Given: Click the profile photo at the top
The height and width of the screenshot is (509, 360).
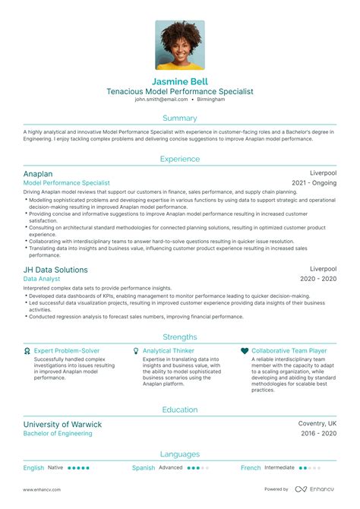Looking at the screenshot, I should click(180, 44).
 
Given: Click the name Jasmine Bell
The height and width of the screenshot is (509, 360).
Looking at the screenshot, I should click(180, 81).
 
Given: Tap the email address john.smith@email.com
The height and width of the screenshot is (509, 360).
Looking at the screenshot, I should click(161, 100).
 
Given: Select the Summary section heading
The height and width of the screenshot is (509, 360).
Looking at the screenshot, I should click(180, 118).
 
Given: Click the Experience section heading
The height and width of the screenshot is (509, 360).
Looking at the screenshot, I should click(180, 159).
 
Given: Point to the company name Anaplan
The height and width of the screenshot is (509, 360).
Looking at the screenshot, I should click(39, 173).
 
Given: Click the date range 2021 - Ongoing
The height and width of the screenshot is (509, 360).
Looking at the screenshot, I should click(314, 183).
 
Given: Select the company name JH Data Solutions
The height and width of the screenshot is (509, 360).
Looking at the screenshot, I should click(55, 270).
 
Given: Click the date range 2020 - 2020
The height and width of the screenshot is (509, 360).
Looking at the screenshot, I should click(318, 280).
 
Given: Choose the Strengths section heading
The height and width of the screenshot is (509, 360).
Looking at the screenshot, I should click(180, 337).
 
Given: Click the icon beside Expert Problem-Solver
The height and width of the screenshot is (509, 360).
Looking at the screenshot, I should click(27, 351).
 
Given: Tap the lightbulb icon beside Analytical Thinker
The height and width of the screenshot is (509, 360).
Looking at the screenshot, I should click(135, 351).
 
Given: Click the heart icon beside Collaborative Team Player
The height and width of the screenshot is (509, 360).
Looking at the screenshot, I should click(244, 351).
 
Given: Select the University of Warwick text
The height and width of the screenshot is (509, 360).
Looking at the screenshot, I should click(62, 424).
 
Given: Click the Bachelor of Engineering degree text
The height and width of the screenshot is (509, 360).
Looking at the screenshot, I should click(58, 434).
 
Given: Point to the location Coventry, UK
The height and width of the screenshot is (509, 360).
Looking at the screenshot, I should click(317, 424).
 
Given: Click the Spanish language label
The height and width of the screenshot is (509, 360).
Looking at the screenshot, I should click(143, 468).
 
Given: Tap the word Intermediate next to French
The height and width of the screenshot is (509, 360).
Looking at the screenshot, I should click(279, 468).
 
